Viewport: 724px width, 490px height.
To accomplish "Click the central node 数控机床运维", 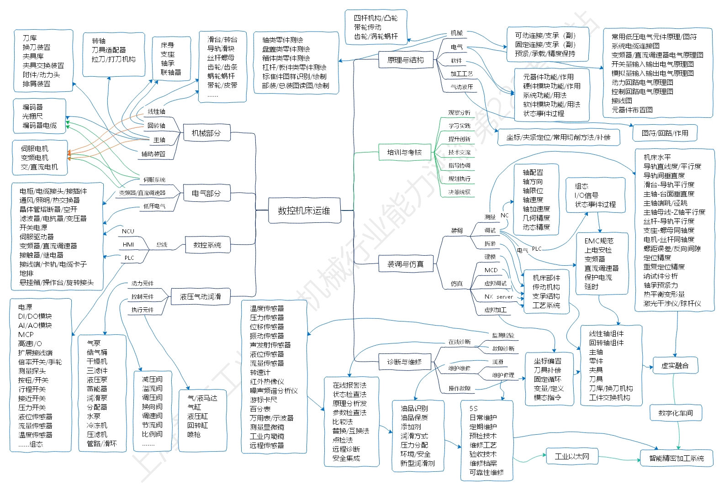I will (304, 211).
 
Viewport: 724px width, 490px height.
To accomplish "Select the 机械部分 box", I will (206, 133).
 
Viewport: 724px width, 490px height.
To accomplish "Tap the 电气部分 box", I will (206, 194).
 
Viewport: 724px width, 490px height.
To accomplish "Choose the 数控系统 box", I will (207, 245).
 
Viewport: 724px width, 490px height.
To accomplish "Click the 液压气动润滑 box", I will (201, 297).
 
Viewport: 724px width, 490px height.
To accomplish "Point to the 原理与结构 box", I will (405, 60).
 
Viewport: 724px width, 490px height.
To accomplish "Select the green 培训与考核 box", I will (405, 153).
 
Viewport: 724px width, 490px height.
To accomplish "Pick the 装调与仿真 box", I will (405, 264).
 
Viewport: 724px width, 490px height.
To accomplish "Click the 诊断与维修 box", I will (404, 362).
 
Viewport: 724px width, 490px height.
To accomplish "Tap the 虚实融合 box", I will (675, 365).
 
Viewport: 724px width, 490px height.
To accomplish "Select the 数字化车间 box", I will (676, 413).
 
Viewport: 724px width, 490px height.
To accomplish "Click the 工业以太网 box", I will (572, 457).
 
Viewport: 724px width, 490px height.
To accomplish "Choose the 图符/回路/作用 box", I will (665, 133).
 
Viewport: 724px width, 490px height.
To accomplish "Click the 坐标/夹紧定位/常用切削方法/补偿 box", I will (558, 137).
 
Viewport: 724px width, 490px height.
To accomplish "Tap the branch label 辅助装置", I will (153, 154).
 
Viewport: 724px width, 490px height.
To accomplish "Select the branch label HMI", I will (128, 245).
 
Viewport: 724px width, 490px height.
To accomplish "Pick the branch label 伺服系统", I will (154, 180).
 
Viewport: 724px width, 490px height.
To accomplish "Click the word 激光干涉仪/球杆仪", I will (672, 303).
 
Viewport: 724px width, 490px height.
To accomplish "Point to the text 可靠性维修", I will (486, 472).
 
